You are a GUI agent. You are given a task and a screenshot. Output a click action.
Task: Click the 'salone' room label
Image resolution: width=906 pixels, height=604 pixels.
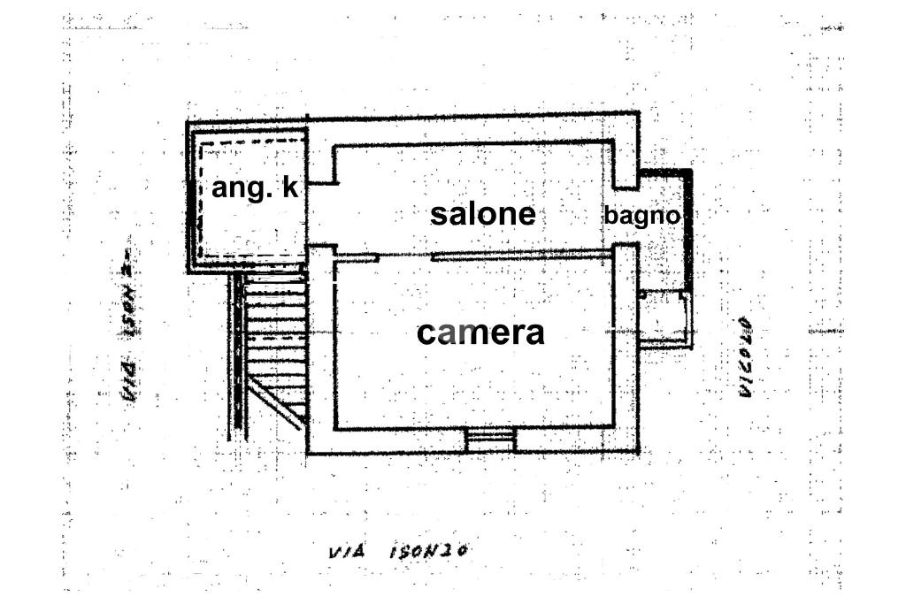pyautogui.click(x=482, y=214)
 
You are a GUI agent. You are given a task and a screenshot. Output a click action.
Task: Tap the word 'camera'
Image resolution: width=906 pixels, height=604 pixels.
pyautogui.click(x=480, y=333)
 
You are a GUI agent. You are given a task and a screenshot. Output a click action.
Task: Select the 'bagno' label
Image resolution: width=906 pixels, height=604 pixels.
pyautogui.click(x=642, y=215)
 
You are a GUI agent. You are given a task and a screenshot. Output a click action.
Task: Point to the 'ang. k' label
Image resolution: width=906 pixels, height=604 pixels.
pyautogui.click(x=255, y=187)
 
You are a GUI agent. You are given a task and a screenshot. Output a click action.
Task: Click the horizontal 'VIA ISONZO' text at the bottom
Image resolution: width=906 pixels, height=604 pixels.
pyautogui.click(x=397, y=552)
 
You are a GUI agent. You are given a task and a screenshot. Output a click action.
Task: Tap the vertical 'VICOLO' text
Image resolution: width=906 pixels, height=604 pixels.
pyautogui.click(x=745, y=356)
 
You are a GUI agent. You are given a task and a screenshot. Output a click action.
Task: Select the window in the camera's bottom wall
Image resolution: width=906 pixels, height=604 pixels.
pyautogui.click(x=490, y=439)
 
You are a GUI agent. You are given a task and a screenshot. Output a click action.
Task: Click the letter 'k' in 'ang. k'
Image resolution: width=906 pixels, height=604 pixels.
pyautogui.click(x=289, y=187)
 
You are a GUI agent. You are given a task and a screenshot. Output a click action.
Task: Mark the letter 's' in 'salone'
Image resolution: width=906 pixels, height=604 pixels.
pyautogui.click(x=439, y=215)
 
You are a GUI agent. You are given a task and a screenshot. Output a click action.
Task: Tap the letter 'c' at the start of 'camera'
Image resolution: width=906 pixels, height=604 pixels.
pyautogui.click(x=426, y=334)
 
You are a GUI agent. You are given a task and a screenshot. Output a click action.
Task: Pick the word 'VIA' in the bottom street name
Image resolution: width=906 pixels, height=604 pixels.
pyautogui.click(x=343, y=553)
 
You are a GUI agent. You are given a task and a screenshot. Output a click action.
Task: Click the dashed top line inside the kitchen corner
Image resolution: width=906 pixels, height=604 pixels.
pyautogui.click(x=252, y=141)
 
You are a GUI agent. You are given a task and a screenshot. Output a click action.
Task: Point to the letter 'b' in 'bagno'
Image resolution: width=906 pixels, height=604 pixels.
pyautogui.click(x=610, y=215)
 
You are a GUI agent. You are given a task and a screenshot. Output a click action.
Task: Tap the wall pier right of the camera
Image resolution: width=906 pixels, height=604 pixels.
pyautogui.click(x=626, y=345)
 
